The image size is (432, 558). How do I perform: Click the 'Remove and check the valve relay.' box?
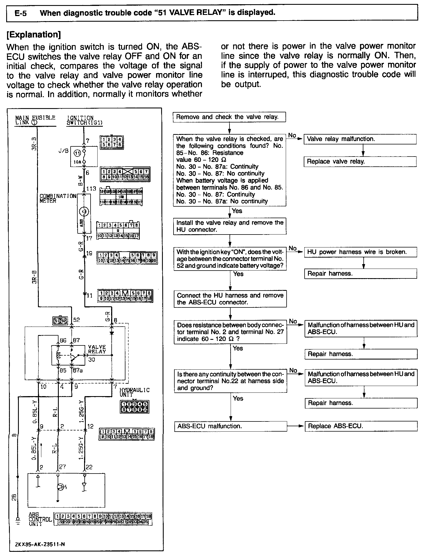click(x=229, y=117)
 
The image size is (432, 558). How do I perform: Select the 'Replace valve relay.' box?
click(x=360, y=162)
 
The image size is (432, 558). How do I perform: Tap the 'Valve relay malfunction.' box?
click(x=360, y=139)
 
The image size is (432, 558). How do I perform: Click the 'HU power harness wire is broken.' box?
click(x=360, y=252)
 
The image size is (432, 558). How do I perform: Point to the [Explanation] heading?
click(x=33, y=35)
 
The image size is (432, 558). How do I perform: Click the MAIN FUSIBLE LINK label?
click(x=35, y=120)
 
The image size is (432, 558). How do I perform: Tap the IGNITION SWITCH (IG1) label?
click(x=84, y=120)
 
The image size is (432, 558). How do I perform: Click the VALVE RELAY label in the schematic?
click(x=97, y=349)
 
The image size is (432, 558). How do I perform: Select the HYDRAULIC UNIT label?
click(x=134, y=392)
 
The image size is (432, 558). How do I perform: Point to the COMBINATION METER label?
click(x=58, y=198)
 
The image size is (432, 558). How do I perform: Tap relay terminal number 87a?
click(x=78, y=370)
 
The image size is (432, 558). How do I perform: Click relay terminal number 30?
click(x=92, y=360)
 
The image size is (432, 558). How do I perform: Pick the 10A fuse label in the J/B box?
click(x=77, y=162)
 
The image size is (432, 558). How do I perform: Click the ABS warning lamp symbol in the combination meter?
click(x=84, y=211)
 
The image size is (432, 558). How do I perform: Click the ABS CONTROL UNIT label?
click(x=40, y=519)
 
